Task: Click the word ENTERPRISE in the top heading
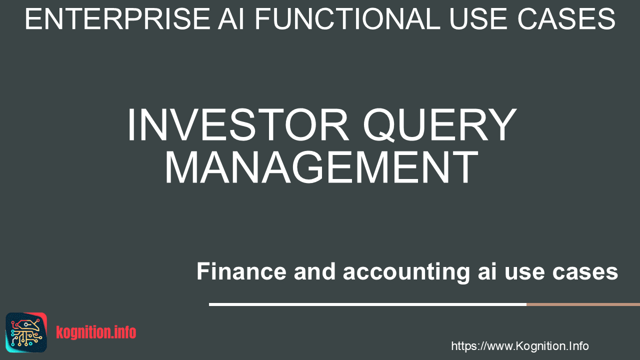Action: (x=117, y=19)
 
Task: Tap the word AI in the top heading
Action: (x=231, y=19)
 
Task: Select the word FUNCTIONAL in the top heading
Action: (x=347, y=19)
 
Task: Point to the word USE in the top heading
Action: (x=479, y=19)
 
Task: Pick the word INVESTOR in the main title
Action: (x=237, y=124)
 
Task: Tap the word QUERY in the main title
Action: (x=439, y=125)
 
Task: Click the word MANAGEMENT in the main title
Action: (x=321, y=167)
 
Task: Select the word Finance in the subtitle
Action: (x=241, y=271)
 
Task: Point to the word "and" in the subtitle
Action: (x=314, y=271)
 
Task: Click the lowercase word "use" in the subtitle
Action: (x=524, y=273)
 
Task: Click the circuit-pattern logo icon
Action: (x=26, y=332)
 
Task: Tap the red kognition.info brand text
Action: (x=96, y=332)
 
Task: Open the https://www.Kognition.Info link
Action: (x=520, y=346)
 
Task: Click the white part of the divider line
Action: (x=367, y=304)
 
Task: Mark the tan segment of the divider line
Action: (x=583, y=304)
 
